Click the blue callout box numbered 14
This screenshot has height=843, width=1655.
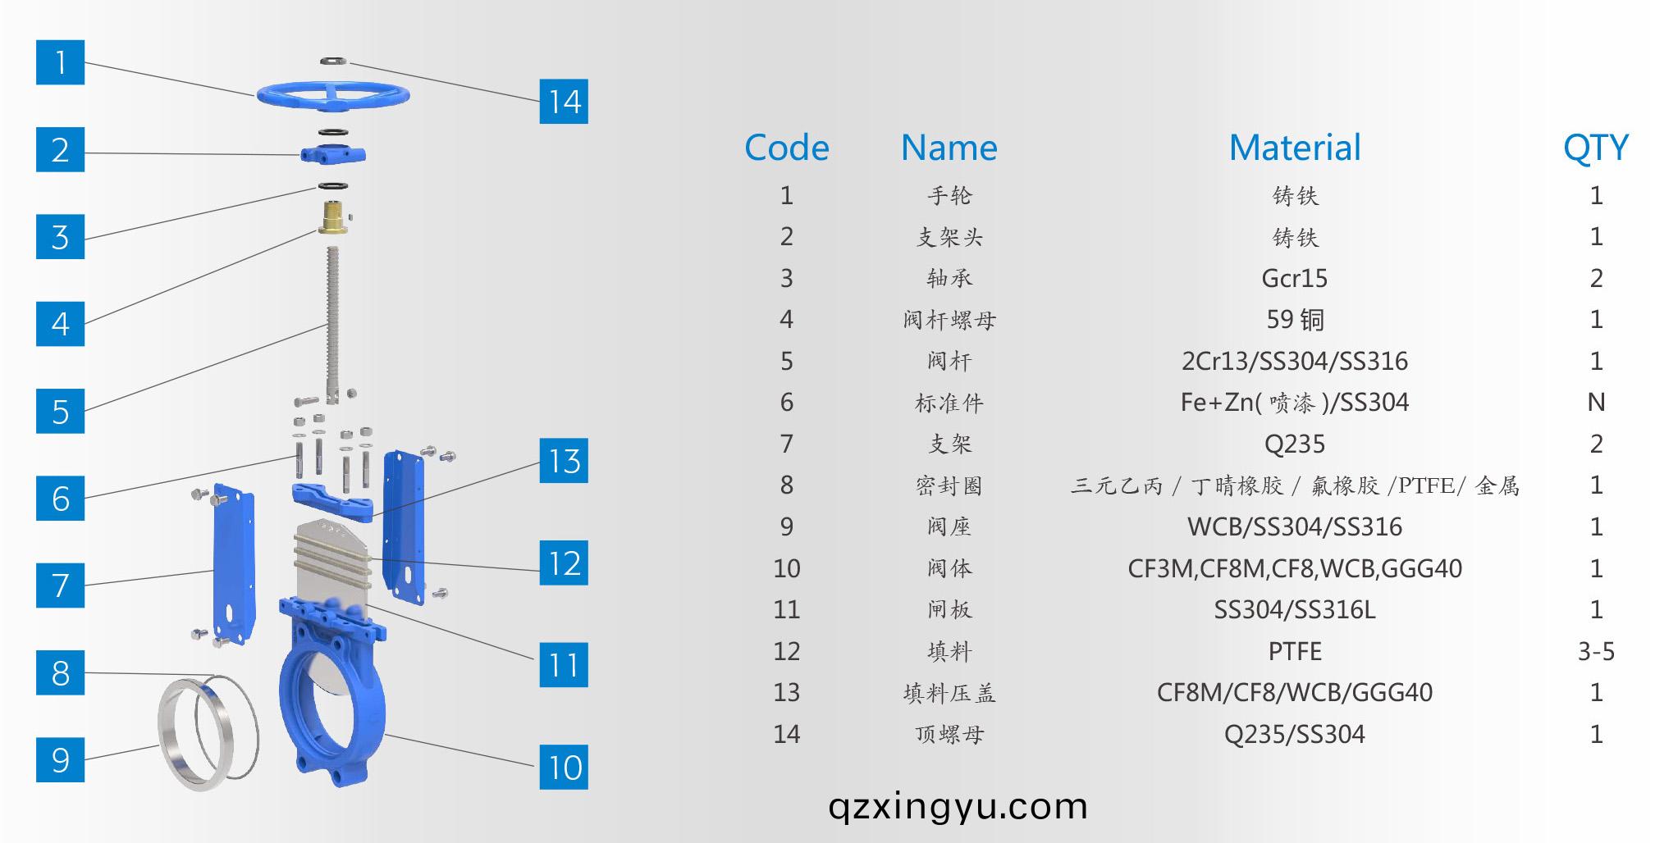[564, 102]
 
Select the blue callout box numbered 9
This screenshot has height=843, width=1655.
[60, 759]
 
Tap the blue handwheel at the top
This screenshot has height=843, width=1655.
[332, 94]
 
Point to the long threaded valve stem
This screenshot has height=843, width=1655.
[332, 320]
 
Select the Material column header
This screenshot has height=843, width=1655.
[1294, 148]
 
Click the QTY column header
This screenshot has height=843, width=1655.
[1595, 148]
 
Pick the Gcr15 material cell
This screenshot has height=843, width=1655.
[1294, 278]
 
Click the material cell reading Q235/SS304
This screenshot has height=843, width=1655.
[1294, 734]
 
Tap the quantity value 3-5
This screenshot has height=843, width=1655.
[1595, 651]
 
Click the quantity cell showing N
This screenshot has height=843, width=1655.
[1595, 402]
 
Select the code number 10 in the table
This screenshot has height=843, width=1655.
[786, 568]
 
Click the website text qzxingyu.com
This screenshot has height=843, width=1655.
[958, 806]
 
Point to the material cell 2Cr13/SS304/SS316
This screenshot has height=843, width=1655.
[1294, 361]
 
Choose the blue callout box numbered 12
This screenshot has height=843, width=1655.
[564, 563]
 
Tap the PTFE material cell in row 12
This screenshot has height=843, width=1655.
[1294, 651]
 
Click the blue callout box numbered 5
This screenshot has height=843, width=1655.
[60, 411]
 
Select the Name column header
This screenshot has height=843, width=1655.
[949, 148]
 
